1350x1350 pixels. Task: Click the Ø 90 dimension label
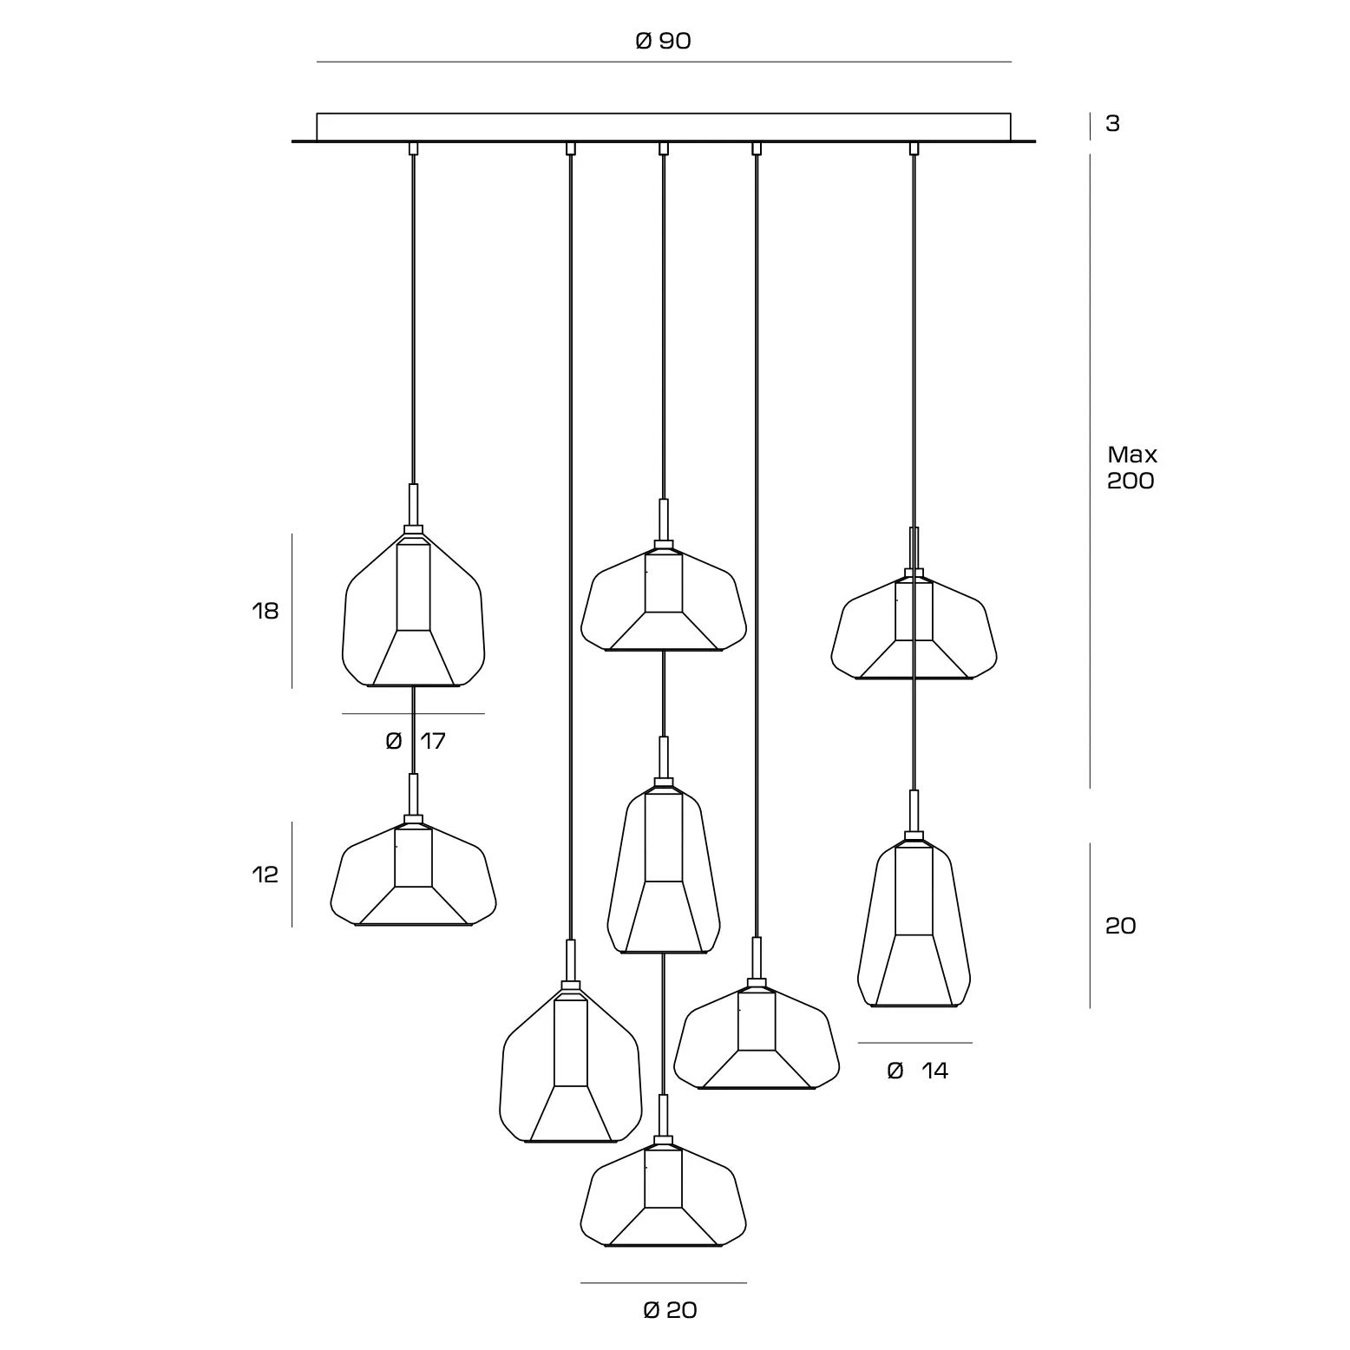[663, 41]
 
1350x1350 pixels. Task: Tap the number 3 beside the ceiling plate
[1112, 124]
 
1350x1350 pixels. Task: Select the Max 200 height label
[1132, 468]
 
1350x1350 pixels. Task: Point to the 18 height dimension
[265, 611]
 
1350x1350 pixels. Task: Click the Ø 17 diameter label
[416, 741]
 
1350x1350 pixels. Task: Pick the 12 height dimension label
[265, 875]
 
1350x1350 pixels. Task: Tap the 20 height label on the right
[1120, 926]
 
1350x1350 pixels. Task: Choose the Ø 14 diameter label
[918, 1071]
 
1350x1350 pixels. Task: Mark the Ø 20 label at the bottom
[670, 1310]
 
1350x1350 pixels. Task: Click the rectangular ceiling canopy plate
[664, 127]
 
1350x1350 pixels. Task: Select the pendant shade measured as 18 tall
[413, 606]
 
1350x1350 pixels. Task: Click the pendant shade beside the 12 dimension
[413, 871]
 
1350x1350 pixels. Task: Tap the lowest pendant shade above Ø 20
[663, 1192]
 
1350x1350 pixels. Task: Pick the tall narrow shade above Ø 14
[914, 921]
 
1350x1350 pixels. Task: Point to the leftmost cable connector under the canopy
[413, 148]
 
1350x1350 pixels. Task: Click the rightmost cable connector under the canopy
[914, 148]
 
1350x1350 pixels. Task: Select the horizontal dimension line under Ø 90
[664, 62]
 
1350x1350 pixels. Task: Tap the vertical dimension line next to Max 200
[1091, 471]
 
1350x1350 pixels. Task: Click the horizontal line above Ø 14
[914, 1043]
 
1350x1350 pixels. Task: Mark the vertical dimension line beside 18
[292, 611]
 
